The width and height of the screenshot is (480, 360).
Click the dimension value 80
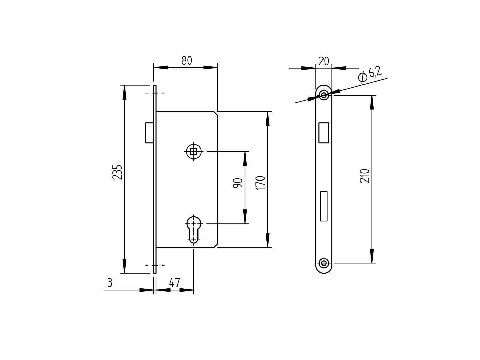point(187,61)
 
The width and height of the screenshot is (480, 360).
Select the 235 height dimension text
point(117,172)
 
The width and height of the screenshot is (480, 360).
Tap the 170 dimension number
point(260,183)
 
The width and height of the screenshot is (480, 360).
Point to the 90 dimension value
point(238,183)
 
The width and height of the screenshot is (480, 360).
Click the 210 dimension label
point(364,176)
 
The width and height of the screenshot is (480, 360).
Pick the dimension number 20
point(324,61)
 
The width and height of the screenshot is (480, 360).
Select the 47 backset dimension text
point(174,283)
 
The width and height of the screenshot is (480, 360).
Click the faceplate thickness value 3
point(110,283)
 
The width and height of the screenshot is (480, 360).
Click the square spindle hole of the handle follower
point(194,151)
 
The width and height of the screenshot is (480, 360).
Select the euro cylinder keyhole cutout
point(194,229)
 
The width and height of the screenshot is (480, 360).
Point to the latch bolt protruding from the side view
point(149,133)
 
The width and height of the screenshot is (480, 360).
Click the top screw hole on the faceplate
point(324,95)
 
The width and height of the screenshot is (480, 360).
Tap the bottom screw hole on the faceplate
point(324,263)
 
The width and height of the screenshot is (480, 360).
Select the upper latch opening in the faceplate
point(324,133)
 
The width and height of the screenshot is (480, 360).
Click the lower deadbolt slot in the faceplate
point(324,206)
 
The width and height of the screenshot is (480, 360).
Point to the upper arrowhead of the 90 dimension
point(245,158)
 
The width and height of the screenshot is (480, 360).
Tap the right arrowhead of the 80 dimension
point(210,67)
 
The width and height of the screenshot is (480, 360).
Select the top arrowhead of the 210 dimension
point(372,102)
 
